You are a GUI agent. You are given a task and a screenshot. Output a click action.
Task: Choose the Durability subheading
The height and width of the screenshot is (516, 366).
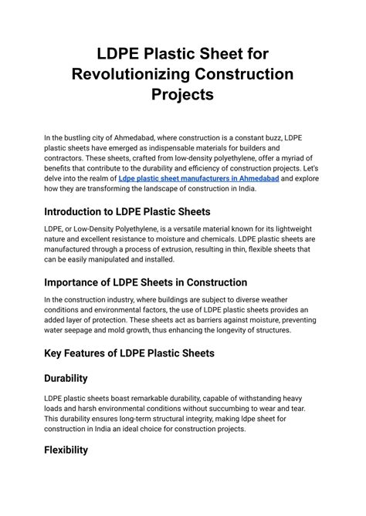[x=76, y=379]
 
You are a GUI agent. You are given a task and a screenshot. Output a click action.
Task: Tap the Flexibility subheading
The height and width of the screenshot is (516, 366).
[x=76, y=450]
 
